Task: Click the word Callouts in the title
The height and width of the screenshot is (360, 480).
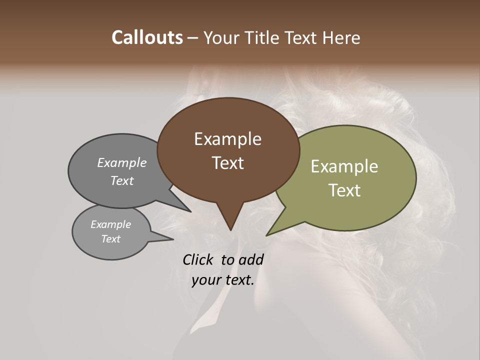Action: click(x=147, y=37)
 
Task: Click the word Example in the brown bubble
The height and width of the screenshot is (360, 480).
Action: click(x=227, y=139)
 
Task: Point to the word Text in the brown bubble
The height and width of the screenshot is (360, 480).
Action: click(x=228, y=163)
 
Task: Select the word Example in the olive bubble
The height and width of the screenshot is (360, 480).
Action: click(x=344, y=166)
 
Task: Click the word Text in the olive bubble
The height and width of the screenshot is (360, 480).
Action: click(x=345, y=190)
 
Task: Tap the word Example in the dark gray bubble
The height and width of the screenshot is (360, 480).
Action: click(x=122, y=162)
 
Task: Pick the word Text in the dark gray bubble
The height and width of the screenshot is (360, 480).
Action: click(x=122, y=180)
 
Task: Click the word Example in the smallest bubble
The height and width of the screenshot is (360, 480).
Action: click(x=111, y=224)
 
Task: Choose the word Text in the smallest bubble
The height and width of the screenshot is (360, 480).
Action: click(x=111, y=239)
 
